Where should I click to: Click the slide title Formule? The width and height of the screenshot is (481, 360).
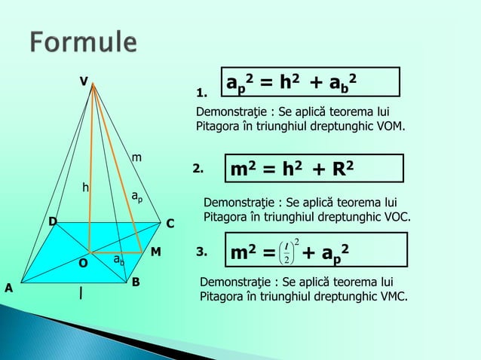coord(84,42)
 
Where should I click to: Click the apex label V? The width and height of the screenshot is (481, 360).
coord(85,79)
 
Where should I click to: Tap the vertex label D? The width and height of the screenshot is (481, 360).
coord(53,221)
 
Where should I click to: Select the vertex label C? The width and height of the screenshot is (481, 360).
coord(170,224)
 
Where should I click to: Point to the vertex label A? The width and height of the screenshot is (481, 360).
coord(10,288)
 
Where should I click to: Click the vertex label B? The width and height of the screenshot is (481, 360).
coord(136,282)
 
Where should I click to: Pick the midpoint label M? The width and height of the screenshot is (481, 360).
coord(156,251)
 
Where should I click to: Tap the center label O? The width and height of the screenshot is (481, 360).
coord(83,264)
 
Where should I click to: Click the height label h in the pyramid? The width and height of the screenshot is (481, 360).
coord(86,185)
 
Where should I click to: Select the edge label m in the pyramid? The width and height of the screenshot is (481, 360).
coord(136,157)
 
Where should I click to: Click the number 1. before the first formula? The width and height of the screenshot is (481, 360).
coord(201,94)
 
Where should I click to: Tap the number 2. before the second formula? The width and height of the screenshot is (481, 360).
coord(198,169)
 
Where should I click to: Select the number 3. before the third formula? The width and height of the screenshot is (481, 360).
coord(201,252)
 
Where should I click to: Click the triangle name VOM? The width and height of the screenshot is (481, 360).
coord(389,126)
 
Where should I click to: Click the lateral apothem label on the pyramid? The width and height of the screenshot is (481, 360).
coord(136,197)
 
